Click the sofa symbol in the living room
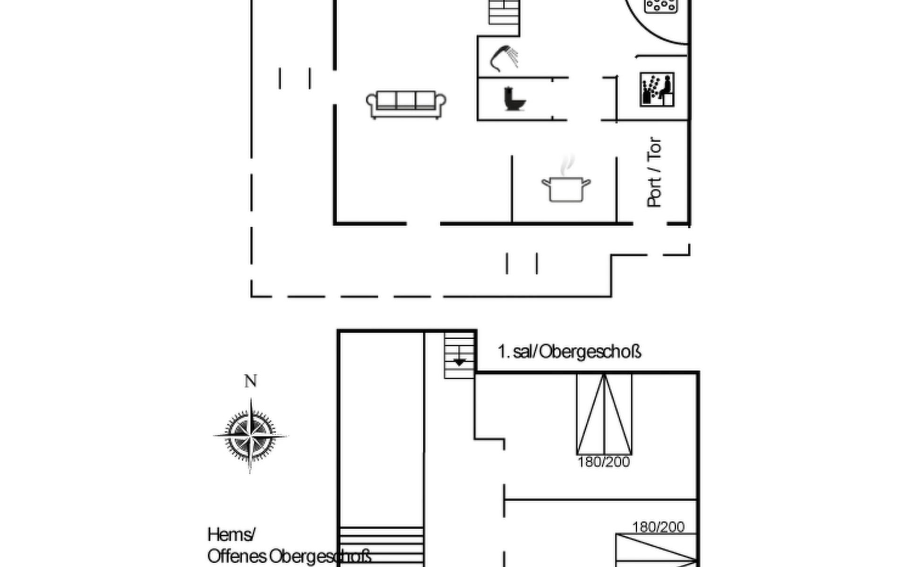[406, 104]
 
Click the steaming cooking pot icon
[566, 184]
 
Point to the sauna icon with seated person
[657, 89]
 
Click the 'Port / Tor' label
[654, 172]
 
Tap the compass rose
[250, 435]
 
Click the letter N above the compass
[250, 381]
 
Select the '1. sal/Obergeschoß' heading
[569, 352]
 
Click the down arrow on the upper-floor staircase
[459, 361]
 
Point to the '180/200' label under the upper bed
[604, 462]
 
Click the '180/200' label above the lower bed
[658, 527]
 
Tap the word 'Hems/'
[231, 535]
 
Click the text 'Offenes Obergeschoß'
[289, 556]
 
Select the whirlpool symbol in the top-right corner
[661, 6]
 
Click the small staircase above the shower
[504, 12]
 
